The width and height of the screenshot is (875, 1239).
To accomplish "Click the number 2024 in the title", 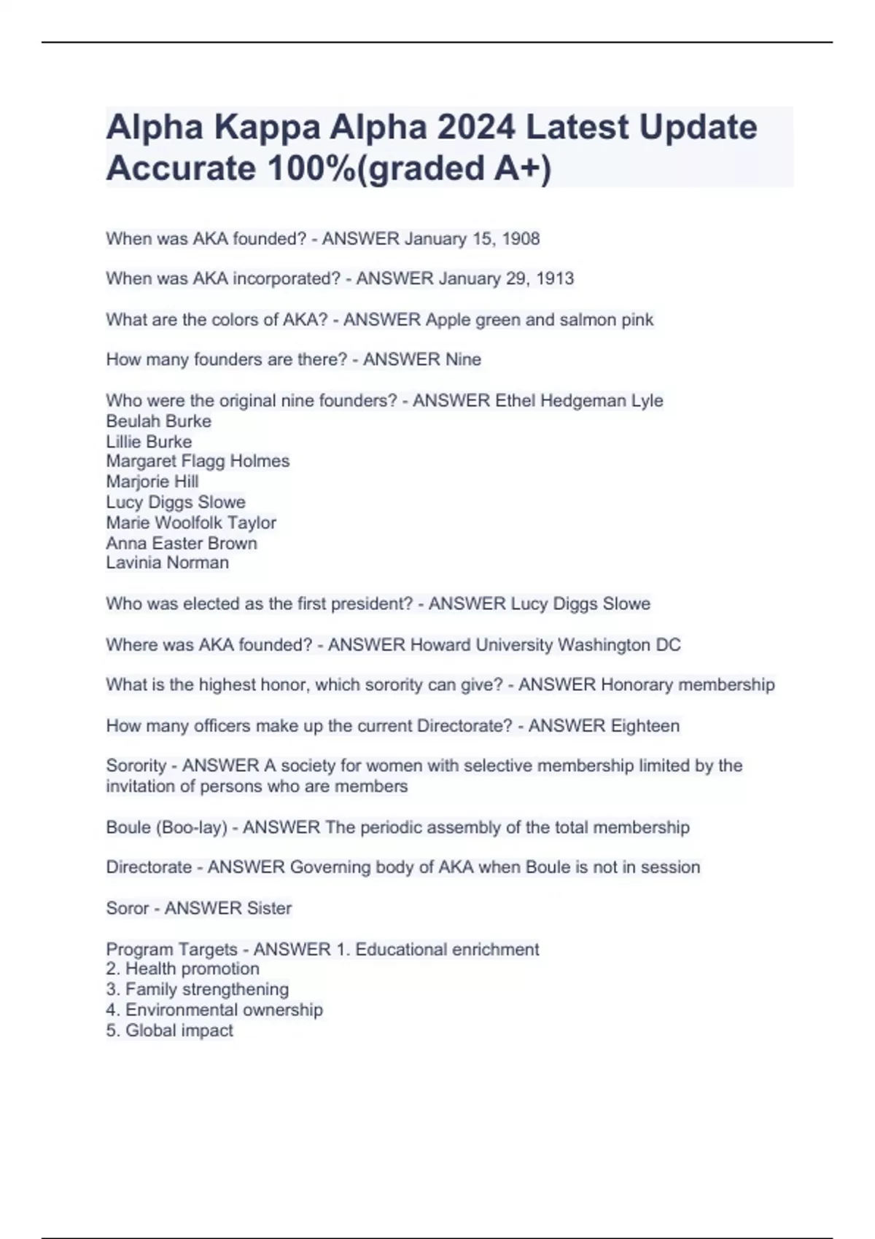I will (476, 128).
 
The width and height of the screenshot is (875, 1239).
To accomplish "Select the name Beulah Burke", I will (158, 421).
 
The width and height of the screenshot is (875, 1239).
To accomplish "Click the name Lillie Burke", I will (149, 442).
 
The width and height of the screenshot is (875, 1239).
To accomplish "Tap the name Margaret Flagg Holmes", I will (198, 461).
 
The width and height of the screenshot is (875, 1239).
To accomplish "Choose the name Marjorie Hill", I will (152, 482).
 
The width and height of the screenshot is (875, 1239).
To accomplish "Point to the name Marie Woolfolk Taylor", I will (191, 523).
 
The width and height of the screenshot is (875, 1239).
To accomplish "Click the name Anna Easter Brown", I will (182, 543).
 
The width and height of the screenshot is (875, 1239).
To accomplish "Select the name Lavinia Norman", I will (167, 563).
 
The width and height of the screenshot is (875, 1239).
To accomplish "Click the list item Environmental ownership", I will (223, 1010).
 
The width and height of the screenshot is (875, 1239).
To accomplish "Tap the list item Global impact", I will (179, 1031).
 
